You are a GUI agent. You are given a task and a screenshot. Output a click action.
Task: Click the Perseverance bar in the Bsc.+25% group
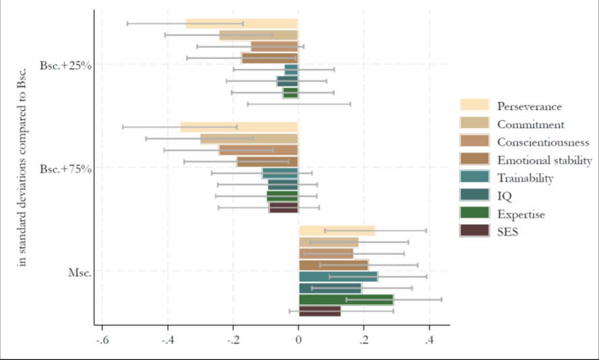click(x=242, y=24)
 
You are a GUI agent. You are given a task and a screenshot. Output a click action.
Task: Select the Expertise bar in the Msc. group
click(x=346, y=299)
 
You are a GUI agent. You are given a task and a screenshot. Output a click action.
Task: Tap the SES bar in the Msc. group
click(x=320, y=311)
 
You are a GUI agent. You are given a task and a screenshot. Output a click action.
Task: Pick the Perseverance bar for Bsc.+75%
click(x=239, y=127)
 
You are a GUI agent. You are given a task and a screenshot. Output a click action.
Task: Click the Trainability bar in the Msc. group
click(x=339, y=277)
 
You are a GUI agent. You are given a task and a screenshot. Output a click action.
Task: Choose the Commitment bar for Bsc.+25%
click(x=258, y=35)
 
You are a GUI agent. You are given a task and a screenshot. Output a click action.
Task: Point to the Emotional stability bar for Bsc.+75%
click(x=267, y=161)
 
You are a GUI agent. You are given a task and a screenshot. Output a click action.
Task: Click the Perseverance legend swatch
click(x=474, y=106)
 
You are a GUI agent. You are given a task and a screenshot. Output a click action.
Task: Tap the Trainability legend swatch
click(x=474, y=178)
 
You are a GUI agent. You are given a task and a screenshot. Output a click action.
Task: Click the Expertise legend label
click(x=521, y=214)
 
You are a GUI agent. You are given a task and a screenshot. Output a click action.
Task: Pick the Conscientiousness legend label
click(x=543, y=142)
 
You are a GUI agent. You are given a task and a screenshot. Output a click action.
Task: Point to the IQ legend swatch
click(x=474, y=196)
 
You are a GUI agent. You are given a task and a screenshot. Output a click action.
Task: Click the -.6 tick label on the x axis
click(x=102, y=341)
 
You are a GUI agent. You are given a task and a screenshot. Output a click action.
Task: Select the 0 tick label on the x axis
click(x=298, y=341)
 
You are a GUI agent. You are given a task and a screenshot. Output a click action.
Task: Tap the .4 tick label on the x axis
click(x=429, y=341)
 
